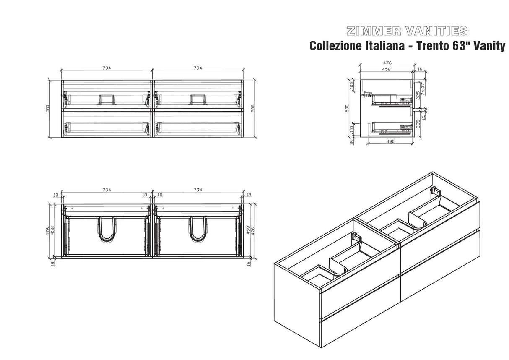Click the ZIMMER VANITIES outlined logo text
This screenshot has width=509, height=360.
(x=407, y=31)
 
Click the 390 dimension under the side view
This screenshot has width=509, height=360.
(x=390, y=141)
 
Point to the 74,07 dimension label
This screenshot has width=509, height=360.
(x=423, y=89)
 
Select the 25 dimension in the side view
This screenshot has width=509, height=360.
(x=423, y=117)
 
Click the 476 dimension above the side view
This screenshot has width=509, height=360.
(x=387, y=63)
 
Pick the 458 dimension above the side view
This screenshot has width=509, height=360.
(x=386, y=69)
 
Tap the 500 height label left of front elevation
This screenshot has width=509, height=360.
(x=47, y=109)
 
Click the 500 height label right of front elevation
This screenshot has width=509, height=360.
(x=253, y=109)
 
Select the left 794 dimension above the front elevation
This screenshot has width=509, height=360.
(x=106, y=68)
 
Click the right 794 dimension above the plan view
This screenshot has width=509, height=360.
(x=198, y=190)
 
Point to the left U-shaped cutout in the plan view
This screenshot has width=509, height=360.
(x=107, y=229)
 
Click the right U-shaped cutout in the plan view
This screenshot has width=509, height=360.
(x=198, y=229)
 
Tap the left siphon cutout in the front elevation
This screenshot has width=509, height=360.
(x=107, y=100)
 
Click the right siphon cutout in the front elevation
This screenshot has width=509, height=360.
(x=198, y=100)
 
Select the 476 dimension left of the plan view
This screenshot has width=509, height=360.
(x=47, y=231)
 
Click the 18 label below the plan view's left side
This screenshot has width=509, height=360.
(x=52, y=264)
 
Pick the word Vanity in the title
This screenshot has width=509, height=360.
(x=491, y=46)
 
